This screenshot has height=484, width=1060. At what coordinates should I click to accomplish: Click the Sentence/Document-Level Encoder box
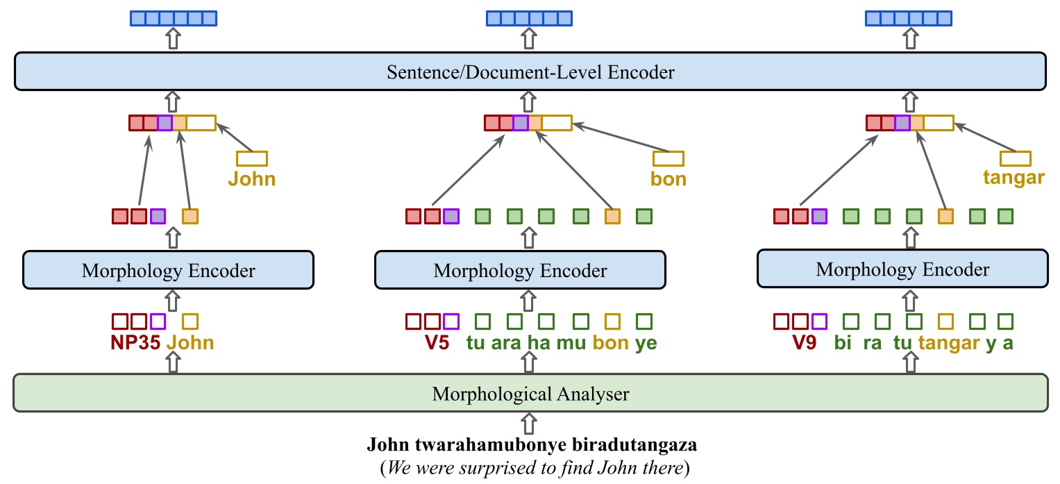click(530, 72)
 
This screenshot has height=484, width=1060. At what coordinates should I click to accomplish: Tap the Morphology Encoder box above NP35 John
click(168, 270)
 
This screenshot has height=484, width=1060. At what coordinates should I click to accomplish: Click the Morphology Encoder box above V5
click(519, 270)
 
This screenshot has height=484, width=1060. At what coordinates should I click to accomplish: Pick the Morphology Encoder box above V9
click(902, 269)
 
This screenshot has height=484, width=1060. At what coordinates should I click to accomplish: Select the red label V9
click(804, 342)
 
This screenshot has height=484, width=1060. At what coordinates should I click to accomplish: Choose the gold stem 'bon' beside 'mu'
click(612, 342)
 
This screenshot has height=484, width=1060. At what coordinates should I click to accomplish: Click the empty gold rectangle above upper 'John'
click(251, 158)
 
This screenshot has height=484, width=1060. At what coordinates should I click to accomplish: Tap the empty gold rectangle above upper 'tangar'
click(1014, 158)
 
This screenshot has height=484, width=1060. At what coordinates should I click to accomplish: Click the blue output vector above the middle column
click(529, 19)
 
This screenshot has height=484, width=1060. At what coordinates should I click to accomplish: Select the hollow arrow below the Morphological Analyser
click(530, 422)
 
